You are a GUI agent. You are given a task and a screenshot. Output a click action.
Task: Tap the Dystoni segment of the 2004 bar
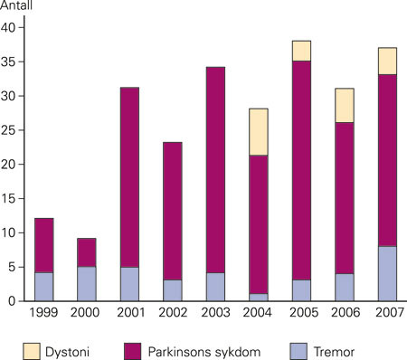click(x=258, y=132)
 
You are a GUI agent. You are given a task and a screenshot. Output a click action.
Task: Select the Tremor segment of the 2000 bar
click(x=86, y=283)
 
